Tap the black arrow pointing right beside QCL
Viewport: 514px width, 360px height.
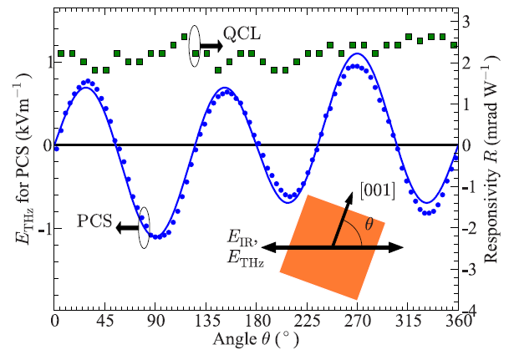211,47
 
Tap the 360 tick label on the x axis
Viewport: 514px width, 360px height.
456,322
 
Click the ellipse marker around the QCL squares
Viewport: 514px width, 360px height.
194,46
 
